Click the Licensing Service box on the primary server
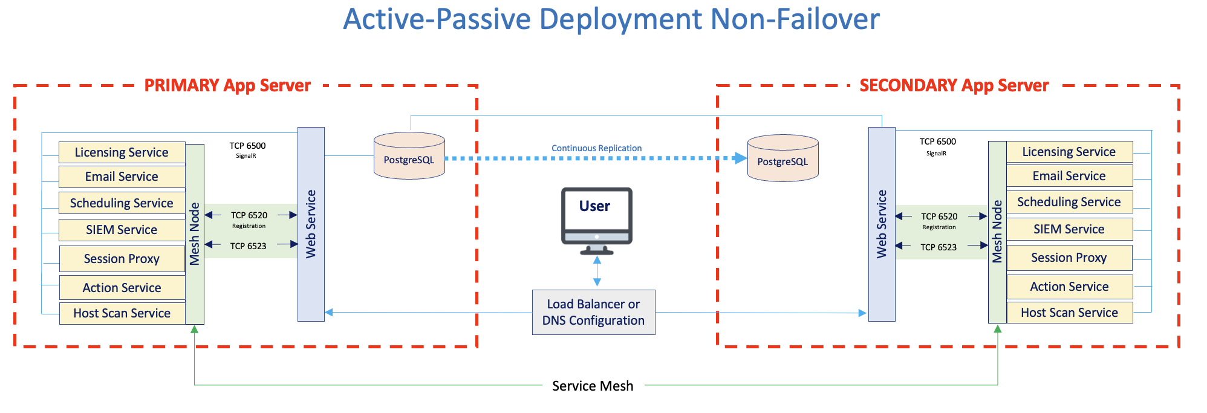coord(122,152)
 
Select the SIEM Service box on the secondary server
coord(1069,229)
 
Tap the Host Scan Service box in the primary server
coord(122,313)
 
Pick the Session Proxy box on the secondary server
coord(1069,258)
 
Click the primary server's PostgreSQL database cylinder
coord(409,157)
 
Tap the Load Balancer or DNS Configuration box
coord(593,312)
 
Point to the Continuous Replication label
coord(596,148)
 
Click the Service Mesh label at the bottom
coord(593,386)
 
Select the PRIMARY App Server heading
coord(227,85)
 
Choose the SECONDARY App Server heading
coord(954,85)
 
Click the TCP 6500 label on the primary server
coord(247,146)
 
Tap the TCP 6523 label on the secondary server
coord(939,247)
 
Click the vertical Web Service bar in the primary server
coord(311,224)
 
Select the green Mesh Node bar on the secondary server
coord(997,232)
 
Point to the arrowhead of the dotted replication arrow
coord(740,158)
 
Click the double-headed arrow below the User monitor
coord(597,271)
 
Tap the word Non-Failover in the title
coord(795,19)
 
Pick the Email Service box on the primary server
coord(122,177)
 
